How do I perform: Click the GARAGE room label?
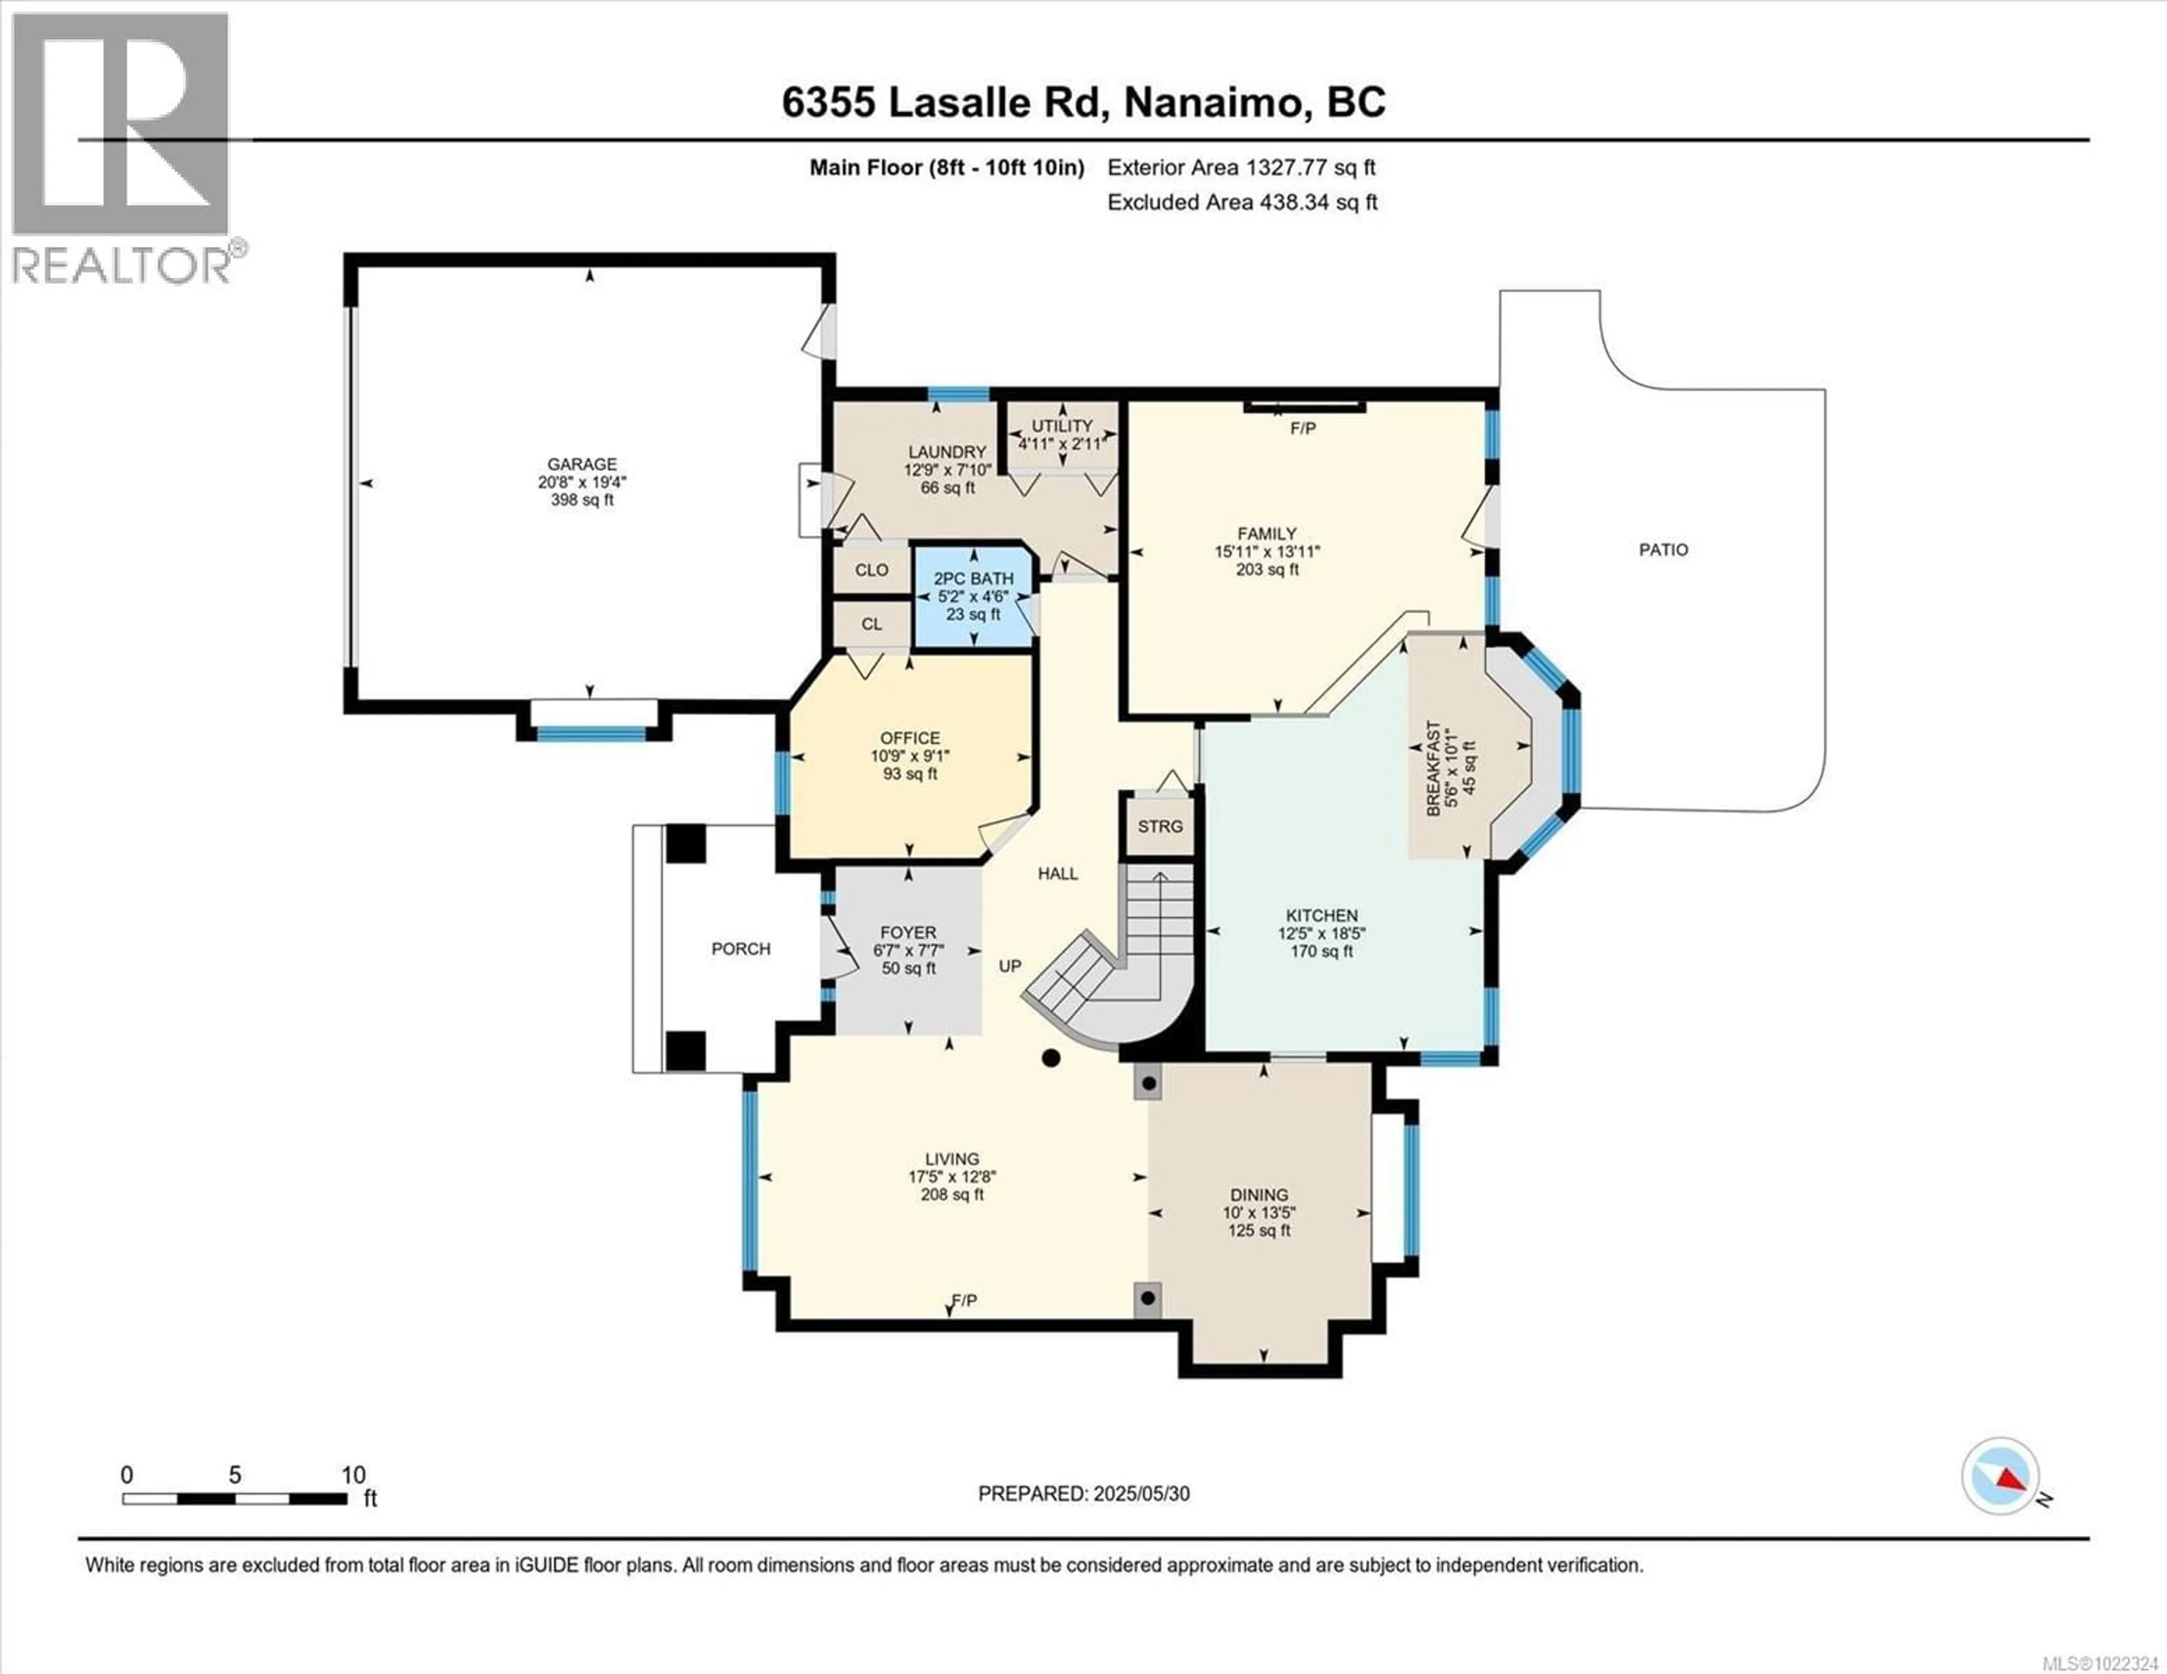(582, 463)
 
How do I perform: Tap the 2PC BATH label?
(973, 578)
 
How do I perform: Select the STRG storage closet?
(1160, 825)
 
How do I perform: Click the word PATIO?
(1663, 550)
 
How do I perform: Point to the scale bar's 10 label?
(353, 1474)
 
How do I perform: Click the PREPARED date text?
(1083, 1493)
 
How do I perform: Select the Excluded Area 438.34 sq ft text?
(1242, 203)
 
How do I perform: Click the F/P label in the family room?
(1303, 429)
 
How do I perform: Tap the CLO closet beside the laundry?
(871, 570)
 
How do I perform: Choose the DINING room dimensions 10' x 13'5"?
(1259, 1212)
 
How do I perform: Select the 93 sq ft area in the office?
(910, 774)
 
